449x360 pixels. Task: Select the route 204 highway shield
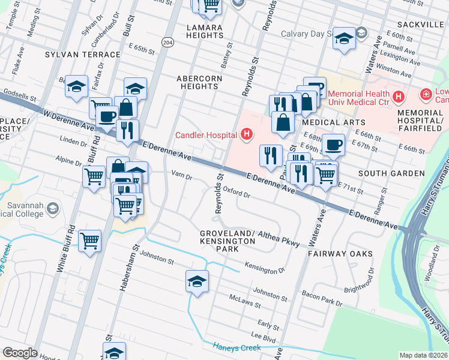[x=167, y=42]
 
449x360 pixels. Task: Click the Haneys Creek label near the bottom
[x=237, y=346]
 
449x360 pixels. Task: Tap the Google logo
[x=20, y=352]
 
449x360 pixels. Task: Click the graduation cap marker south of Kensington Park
[x=197, y=281]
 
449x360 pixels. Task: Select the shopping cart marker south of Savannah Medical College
[x=89, y=241]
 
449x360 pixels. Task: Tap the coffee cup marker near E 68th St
[x=333, y=145]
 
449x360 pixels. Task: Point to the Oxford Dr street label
[x=236, y=192]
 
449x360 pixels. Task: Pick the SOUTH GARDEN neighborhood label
[x=391, y=173]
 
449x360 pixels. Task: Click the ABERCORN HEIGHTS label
[x=199, y=82]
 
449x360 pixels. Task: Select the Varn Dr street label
[x=181, y=176]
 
